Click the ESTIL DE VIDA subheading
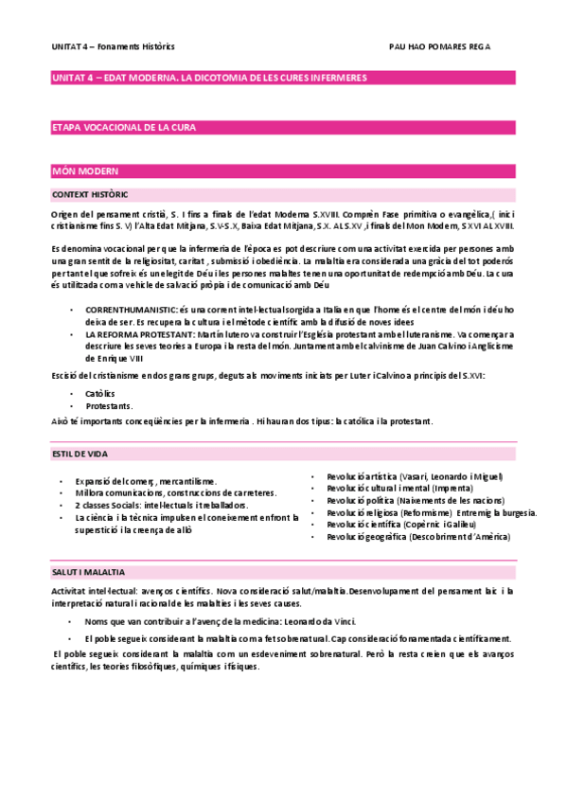coord(80,455)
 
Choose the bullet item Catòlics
coord(101,392)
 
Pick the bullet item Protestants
coord(109,405)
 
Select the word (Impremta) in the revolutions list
coord(426,489)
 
